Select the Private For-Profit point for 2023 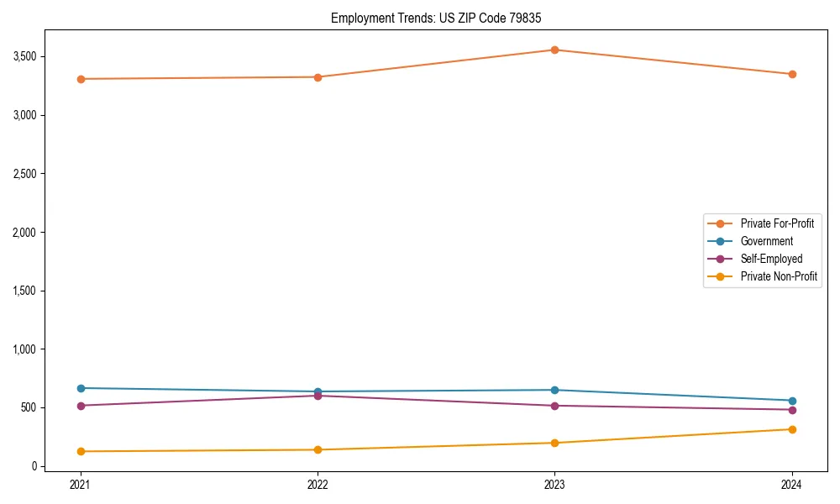554,50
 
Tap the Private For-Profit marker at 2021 81,79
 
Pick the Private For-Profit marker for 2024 792,74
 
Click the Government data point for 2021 81,388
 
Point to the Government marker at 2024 792,401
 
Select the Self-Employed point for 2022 318,396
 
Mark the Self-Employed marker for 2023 554,406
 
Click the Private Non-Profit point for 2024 792,429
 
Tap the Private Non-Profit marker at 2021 81,451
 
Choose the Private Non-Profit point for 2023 554,443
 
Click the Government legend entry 766,241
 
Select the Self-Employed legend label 771,259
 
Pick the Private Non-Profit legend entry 779,276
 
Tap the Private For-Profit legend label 777,223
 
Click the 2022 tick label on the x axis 318,485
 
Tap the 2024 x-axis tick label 792,485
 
